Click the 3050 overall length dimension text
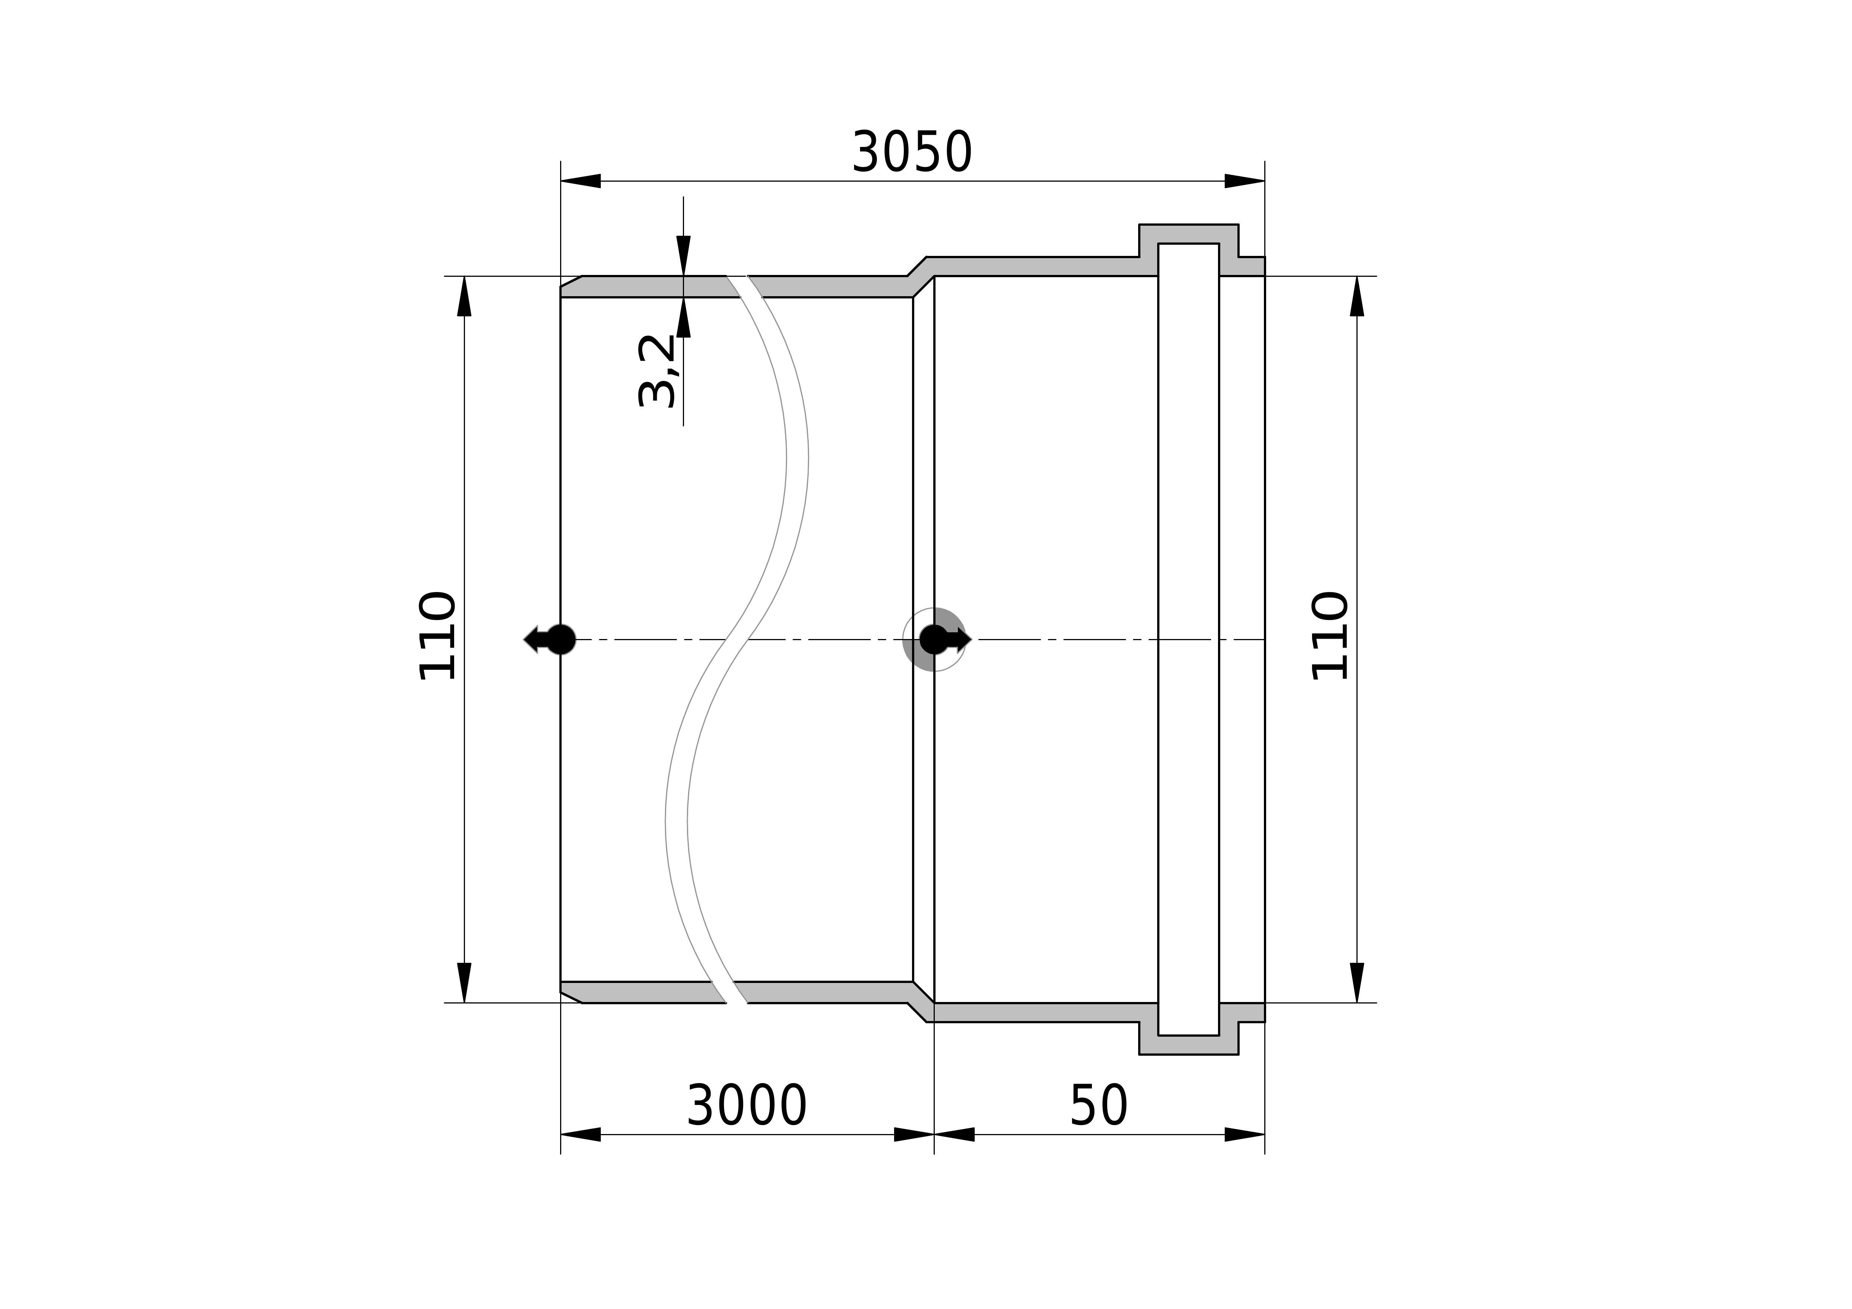912,153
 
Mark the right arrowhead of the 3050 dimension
1244,181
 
